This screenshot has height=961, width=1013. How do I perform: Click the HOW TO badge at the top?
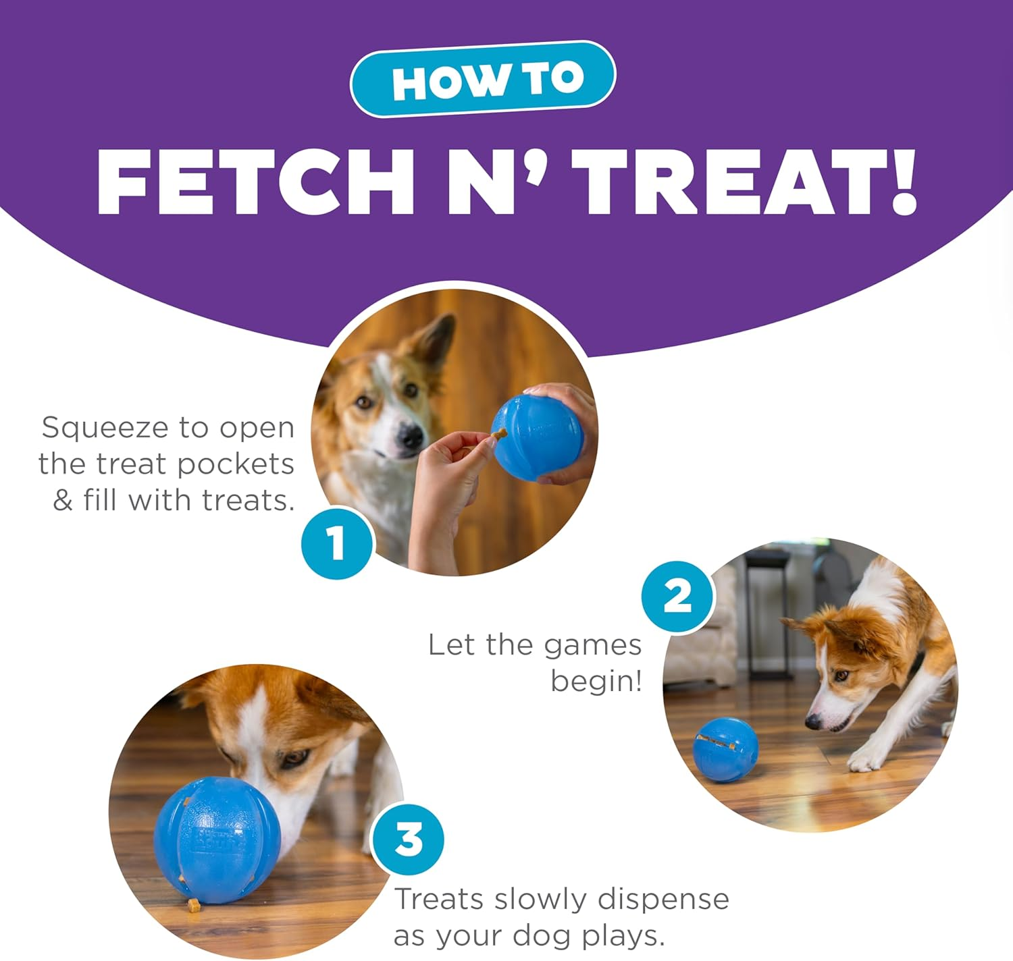483,79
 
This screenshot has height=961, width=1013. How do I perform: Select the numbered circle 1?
336,543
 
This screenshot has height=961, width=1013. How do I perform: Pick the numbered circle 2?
677,597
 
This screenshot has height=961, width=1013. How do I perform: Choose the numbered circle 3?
409,840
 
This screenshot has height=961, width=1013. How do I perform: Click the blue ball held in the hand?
537,437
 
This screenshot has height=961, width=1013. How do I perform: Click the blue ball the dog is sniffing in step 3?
216,840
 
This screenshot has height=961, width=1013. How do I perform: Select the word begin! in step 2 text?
596,682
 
